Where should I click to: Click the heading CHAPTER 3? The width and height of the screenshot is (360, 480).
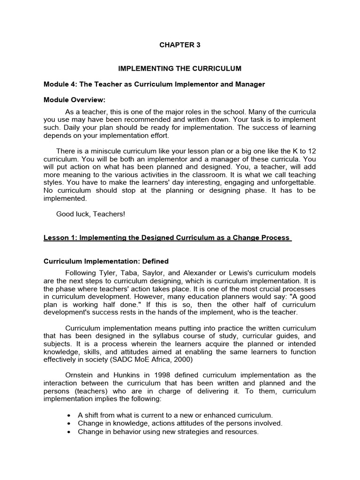(180, 45)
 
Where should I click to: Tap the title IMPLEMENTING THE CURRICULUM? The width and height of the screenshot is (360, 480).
(180, 68)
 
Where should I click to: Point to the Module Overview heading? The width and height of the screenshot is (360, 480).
(75, 100)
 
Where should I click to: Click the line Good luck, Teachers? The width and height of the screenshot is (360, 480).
(91, 214)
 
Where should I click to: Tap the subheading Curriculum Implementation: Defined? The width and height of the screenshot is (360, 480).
(106, 261)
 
